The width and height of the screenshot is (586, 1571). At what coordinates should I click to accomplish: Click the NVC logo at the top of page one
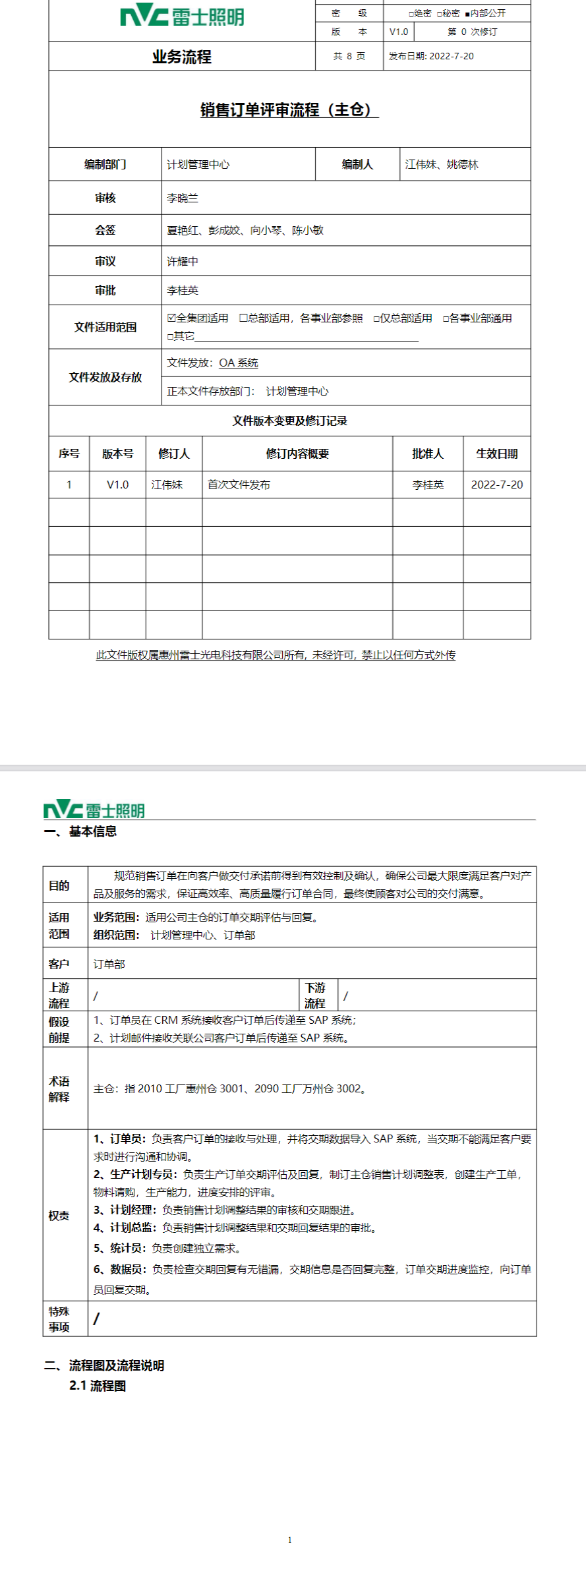tap(181, 16)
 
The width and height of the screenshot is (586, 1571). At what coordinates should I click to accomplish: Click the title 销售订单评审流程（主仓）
tap(289, 109)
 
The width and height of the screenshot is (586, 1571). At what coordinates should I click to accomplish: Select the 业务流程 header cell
tap(181, 57)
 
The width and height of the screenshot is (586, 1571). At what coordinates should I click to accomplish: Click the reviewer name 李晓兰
tap(183, 198)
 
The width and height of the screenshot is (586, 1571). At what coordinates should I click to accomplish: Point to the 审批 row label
tap(105, 290)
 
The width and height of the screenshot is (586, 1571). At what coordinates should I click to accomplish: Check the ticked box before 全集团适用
tap(171, 318)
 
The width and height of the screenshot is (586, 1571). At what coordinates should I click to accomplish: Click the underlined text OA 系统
tap(239, 363)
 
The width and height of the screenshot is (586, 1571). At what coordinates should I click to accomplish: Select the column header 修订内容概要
tap(297, 454)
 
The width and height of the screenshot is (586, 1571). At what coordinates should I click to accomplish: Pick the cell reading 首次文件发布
tap(239, 485)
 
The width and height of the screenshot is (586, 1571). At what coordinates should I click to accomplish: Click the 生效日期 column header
tap(496, 454)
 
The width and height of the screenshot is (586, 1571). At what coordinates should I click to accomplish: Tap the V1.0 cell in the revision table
tap(117, 485)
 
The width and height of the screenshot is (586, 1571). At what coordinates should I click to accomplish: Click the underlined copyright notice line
tap(276, 655)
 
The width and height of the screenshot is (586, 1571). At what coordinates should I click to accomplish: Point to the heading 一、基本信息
tap(80, 831)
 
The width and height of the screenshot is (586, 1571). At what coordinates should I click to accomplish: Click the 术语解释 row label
tap(59, 1088)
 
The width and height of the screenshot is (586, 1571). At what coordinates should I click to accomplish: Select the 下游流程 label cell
tap(315, 995)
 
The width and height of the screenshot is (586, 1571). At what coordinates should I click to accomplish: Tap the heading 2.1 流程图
tap(98, 1385)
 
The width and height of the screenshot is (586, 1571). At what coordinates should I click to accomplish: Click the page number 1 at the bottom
tap(289, 1539)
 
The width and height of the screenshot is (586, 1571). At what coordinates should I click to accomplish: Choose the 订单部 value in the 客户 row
tap(109, 964)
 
